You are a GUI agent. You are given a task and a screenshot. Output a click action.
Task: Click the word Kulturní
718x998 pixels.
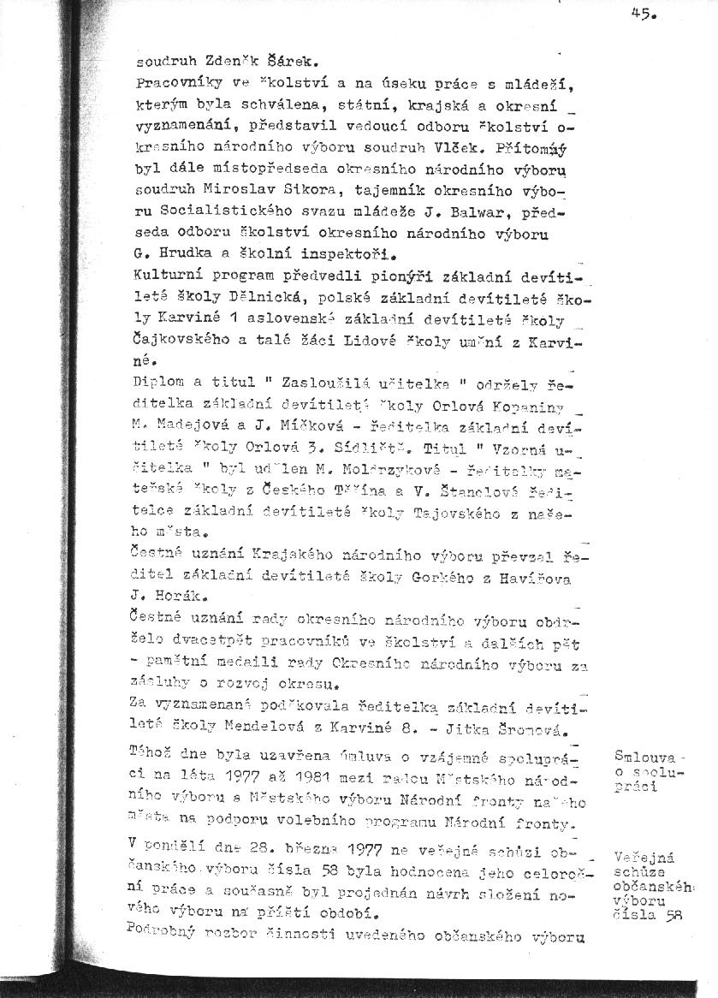[x=168, y=276]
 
